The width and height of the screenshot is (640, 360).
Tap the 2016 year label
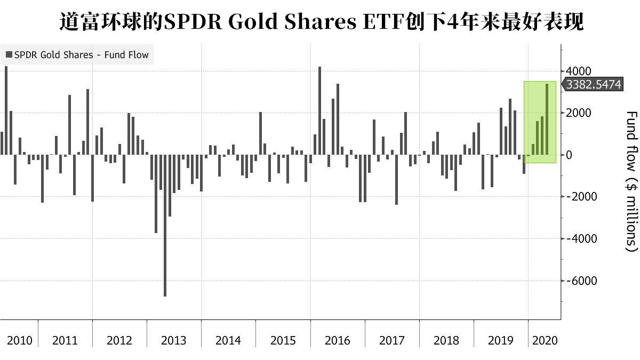(337, 340)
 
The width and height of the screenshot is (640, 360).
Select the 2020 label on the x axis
(545, 340)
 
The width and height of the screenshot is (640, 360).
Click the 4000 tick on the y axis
(578, 71)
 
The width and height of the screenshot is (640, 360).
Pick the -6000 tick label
(580, 281)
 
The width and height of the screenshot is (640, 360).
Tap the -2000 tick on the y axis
(580, 197)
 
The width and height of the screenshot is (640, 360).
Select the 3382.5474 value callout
(593, 85)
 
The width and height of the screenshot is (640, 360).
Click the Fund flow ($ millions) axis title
(631, 181)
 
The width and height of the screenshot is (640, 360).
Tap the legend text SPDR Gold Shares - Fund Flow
(82, 54)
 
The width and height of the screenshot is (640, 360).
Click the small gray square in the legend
(9, 54)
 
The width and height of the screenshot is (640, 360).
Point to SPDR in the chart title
(188, 22)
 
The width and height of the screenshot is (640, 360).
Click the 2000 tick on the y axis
(578, 113)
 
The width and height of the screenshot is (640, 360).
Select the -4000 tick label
(580, 238)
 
